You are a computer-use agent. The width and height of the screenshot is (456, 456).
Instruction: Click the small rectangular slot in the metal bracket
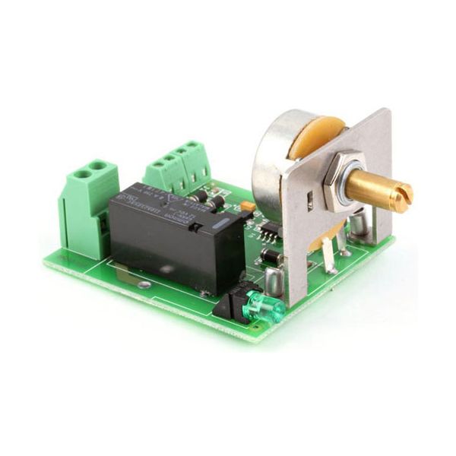(x=310, y=202)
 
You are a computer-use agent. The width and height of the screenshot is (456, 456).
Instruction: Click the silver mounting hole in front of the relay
(x=144, y=284)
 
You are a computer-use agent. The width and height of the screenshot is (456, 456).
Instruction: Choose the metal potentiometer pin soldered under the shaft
(x=328, y=255)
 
